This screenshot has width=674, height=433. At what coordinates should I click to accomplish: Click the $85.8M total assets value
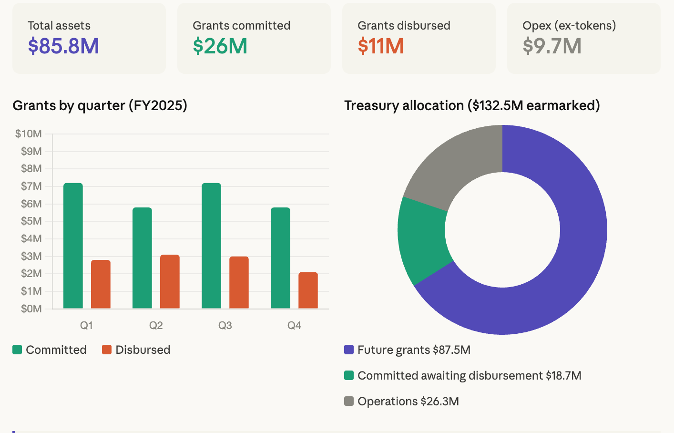pyautogui.click(x=63, y=46)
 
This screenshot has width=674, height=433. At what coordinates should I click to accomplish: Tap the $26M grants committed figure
pyautogui.click(x=220, y=46)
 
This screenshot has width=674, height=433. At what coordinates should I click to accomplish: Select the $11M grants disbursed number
pyautogui.click(x=380, y=46)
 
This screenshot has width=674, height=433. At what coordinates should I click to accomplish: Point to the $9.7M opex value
pyautogui.click(x=551, y=46)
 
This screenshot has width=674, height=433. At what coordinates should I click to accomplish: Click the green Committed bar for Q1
pyautogui.click(x=73, y=246)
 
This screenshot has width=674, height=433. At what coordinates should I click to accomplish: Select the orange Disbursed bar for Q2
pyautogui.click(x=170, y=281)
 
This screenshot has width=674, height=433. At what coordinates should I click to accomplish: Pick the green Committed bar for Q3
pyautogui.click(x=211, y=246)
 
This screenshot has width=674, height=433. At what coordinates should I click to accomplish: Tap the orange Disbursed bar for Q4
pyautogui.click(x=308, y=290)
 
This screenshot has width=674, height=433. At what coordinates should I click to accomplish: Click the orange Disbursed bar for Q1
pyautogui.click(x=101, y=284)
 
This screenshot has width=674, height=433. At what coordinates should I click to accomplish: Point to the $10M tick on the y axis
pyautogui.click(x=29, y=134)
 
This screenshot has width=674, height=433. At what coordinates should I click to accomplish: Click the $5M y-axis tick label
pyautogui.click(x=31, y=221)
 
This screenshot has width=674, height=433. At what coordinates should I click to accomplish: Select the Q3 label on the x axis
pyautogui.click(x=225, y=325)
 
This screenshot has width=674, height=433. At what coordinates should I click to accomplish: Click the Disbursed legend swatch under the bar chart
pyautogui.click(x=107, y=350)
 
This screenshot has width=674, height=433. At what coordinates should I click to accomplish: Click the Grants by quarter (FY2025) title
pyautogui.click(x=100, y=105)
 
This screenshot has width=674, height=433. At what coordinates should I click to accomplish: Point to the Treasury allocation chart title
pyautogui.click(x=471, y=105)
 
